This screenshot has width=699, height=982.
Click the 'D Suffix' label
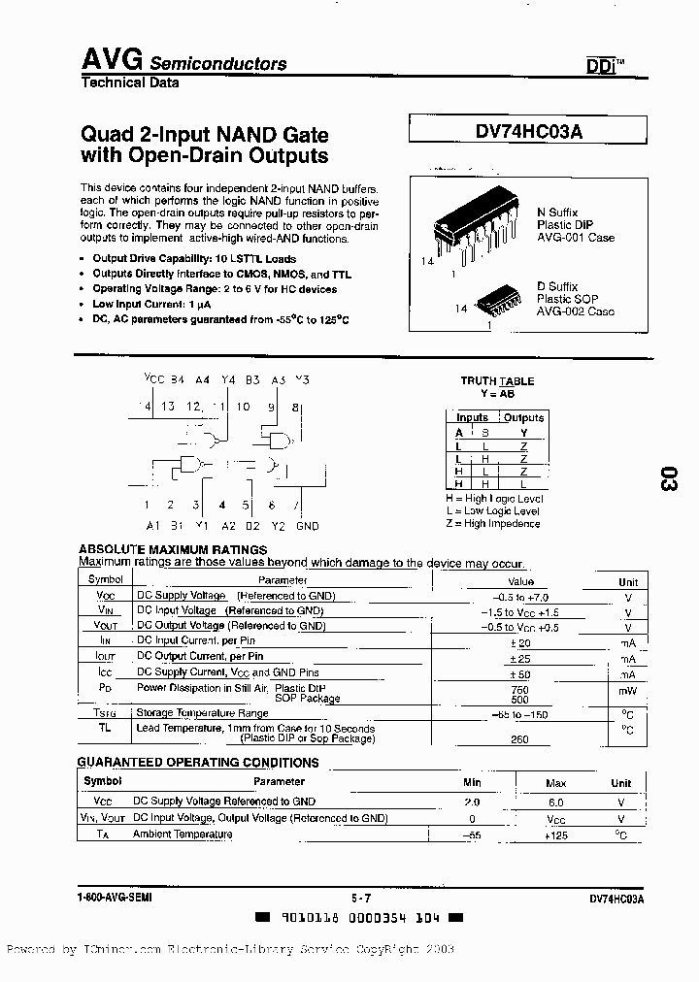(557, 286)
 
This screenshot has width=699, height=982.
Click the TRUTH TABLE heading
(496, 381)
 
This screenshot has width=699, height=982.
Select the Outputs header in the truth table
(523, 417)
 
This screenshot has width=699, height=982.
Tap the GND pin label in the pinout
(307, 526)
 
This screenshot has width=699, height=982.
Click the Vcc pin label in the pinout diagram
(153, 380)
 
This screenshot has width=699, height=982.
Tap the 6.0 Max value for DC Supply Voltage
(555, 802)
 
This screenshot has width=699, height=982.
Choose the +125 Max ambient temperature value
(555, 835)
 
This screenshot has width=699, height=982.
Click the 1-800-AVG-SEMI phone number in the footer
(115, 899)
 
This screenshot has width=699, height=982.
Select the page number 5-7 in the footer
(361, 899)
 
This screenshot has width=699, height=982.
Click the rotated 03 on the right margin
(668, 477)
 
